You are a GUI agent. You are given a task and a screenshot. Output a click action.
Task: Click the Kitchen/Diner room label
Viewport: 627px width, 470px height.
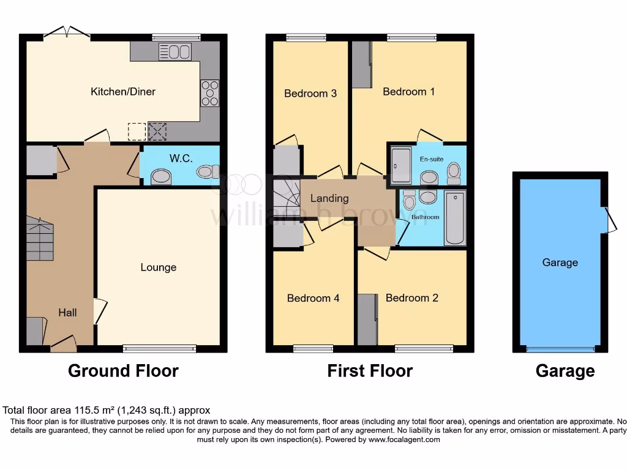122,92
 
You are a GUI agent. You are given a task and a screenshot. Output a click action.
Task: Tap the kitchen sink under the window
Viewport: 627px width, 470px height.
175,51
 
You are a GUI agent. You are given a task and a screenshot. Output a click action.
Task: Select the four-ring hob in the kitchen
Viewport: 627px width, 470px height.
209,93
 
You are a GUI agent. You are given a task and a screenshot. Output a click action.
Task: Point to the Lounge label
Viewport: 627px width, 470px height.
158,267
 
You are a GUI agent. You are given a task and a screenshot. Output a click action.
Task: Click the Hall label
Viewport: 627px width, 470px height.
67,313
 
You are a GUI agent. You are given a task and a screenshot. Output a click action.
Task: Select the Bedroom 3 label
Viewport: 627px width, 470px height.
310,94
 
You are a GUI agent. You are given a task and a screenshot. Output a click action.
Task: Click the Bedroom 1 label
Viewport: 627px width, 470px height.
408,92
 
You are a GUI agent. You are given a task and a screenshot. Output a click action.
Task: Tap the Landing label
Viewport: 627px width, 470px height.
329,198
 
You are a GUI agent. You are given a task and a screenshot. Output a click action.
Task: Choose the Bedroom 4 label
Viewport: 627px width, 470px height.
313,298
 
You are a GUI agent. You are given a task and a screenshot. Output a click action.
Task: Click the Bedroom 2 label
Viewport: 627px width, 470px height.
411,298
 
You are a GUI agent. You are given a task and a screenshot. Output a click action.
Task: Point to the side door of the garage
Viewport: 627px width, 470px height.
609,220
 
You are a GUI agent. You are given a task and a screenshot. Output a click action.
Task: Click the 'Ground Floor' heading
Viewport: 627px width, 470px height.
123,371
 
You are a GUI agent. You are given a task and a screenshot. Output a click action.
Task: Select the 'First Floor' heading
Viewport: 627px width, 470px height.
370,371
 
